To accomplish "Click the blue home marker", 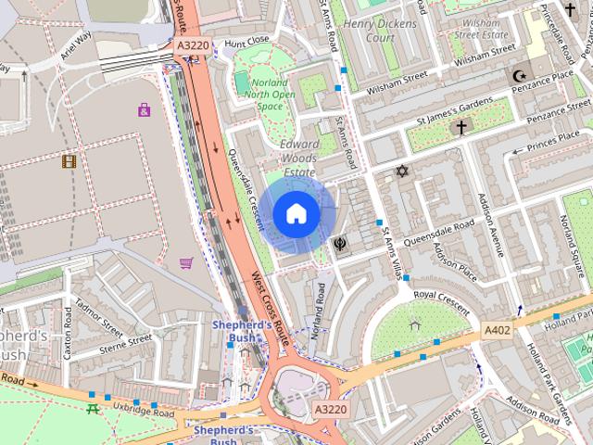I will point(296,214).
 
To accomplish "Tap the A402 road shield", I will point(498,329).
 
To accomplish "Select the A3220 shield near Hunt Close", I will point(192,44).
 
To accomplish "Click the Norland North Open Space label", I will point(270,94).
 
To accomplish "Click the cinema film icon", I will point(69,161).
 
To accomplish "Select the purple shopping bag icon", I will point(144,110).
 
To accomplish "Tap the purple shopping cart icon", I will point(186,262).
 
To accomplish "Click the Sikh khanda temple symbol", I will point(341,244).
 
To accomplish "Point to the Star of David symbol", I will point(401,172).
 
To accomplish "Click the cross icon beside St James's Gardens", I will point(460,128).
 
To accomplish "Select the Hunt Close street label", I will point(246,41).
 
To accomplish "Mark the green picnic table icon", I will point(93,408).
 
